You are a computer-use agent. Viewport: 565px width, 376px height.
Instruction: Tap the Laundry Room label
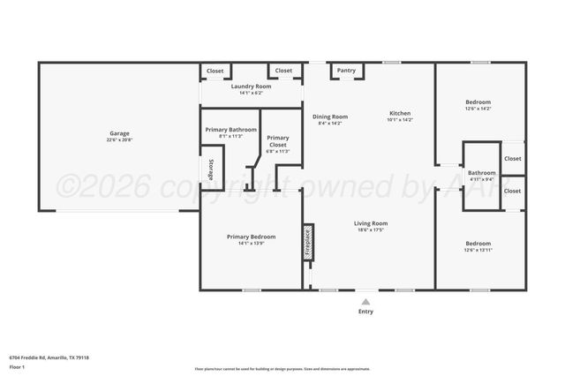(x=251, y=86)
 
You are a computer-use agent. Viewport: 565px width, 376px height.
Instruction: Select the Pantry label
(x=347, y=70)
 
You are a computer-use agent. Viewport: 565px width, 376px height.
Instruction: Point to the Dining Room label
(x=330, y=117)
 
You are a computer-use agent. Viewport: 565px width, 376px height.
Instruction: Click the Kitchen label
(x=401, y=113)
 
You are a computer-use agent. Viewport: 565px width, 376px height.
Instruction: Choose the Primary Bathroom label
(x=231, y=130)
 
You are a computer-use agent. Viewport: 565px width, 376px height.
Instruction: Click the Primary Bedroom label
(x=251, y=237)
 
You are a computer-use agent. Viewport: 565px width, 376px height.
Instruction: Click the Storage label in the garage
(x=211, y=170)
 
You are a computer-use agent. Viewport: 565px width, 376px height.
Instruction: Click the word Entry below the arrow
(x=365, y=311)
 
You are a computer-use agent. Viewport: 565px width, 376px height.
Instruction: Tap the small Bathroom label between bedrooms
(x=481, y=173)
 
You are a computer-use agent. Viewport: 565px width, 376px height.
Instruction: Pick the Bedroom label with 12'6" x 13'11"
(x=478, y=243)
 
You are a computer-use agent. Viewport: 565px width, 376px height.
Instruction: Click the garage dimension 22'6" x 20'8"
(x=119, y=140)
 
